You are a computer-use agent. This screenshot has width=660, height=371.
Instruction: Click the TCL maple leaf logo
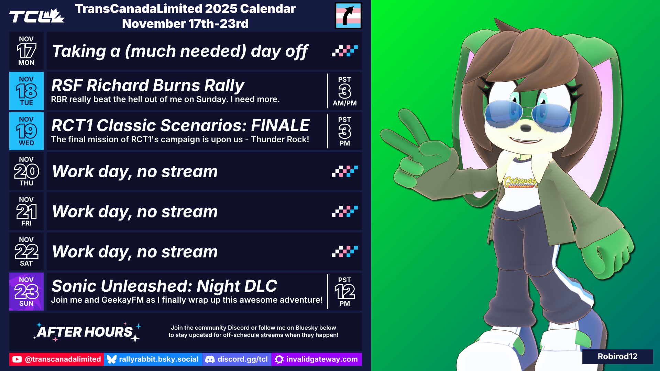37,16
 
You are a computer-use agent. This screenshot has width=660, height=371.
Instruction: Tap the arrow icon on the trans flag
349,16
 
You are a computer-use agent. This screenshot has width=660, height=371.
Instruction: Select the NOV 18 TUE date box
26,91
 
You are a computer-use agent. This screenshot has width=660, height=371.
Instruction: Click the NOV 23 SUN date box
26,292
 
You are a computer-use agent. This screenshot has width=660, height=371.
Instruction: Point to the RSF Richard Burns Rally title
148,85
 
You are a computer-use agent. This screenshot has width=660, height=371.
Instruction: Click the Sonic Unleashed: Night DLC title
164,286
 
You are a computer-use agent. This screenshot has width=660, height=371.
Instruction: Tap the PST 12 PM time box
345,292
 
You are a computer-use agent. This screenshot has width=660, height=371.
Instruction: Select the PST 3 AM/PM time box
345,91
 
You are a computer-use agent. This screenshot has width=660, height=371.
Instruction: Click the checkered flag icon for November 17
345,51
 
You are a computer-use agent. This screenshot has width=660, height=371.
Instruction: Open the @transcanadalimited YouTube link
56,359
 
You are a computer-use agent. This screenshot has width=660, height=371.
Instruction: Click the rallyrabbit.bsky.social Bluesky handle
153,359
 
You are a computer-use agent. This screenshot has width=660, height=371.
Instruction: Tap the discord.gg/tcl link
237,359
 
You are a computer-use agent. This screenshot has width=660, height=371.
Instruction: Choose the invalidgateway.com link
317,359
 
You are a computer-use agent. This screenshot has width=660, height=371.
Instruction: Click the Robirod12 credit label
617,357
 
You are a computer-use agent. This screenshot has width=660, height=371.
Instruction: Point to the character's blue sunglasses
527,114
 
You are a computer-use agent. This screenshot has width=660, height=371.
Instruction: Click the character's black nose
526,128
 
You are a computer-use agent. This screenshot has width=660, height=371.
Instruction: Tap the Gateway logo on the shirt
520,182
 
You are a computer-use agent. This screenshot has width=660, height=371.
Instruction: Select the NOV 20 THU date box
26,171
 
